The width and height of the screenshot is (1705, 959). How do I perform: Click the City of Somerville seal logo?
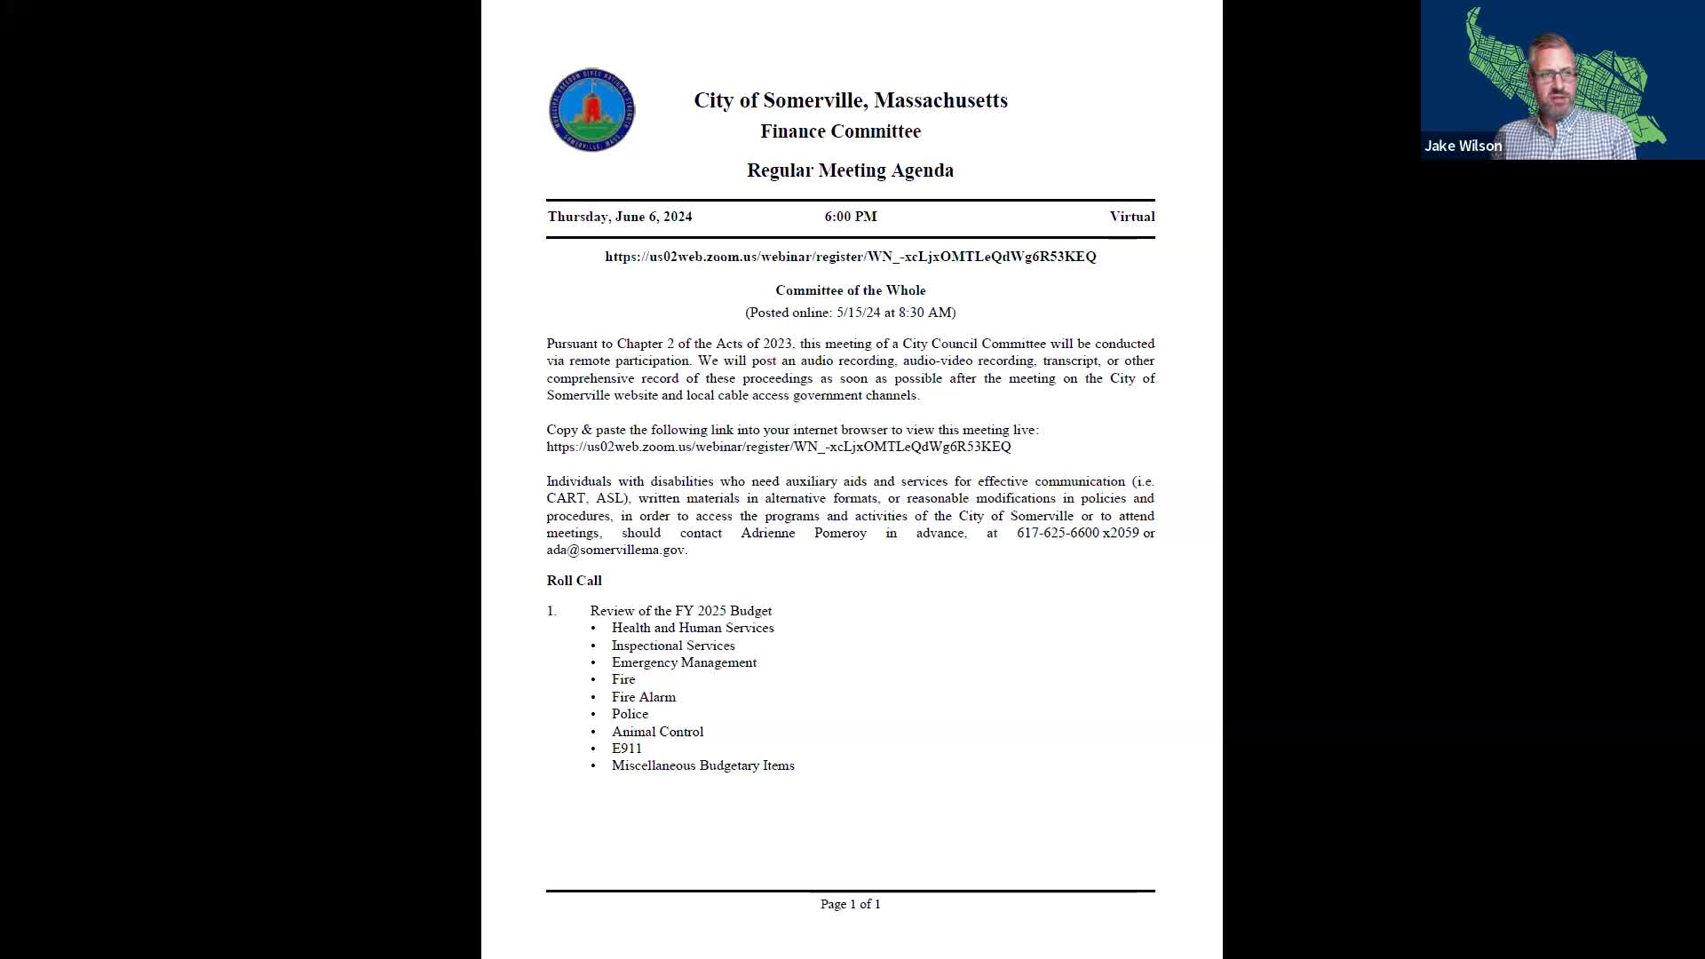coord(591,110)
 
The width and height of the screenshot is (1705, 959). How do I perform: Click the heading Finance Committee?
coord(840,131)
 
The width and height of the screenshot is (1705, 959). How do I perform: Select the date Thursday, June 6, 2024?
coord(619,217)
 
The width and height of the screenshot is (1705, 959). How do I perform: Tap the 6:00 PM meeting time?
coord(850,217)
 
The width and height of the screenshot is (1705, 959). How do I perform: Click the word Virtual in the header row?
coord(1131,217)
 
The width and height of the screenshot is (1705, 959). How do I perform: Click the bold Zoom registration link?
coord(850,257)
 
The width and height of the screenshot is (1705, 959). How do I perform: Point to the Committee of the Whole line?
coord(850,290)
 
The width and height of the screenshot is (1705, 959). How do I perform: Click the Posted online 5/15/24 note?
coord(850,313)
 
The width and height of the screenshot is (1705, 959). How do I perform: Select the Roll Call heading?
coord(574,581)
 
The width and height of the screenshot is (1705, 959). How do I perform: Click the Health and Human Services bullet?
coord(692,628)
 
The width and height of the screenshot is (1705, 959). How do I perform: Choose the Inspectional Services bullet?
coord(672,646)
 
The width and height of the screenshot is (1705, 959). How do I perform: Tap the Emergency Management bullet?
coord(683,662)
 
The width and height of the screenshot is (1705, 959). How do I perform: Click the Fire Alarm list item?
coord(643,697)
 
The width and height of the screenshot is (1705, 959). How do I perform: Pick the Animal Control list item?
coord(656,732)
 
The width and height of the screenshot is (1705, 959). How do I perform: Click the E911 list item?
coord(626,749)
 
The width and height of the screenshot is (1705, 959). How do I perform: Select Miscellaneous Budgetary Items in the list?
coord(702,765)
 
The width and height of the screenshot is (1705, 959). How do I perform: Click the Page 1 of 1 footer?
coord(850,904)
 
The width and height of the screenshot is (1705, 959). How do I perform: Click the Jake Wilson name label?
coord(1463,146)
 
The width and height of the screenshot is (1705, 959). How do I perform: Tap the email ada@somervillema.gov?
coord(615,550)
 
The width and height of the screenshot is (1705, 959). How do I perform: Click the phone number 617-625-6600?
coord(1058,533)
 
